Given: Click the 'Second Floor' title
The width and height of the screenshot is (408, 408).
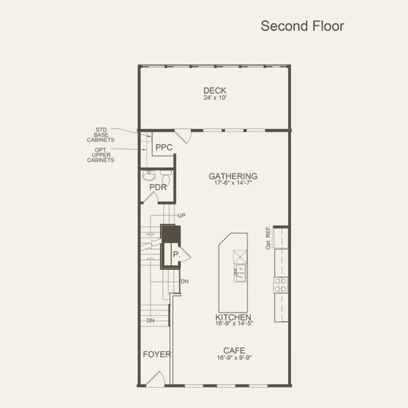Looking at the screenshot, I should [x=303, y=27].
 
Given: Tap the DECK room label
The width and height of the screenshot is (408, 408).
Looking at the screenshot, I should [x=214, y=90].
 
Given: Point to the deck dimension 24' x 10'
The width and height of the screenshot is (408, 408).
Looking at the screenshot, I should [x=214, y=98].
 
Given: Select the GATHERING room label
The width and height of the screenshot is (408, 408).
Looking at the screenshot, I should [x=233, y=176].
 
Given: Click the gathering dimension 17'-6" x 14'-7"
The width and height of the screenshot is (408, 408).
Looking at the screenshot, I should [x=233, y=184].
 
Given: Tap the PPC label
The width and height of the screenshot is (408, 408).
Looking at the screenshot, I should [x=164, y=147].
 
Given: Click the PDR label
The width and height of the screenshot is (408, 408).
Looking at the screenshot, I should [x=158, y=187].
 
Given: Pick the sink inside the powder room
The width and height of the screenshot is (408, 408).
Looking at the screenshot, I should [x=149, y=175].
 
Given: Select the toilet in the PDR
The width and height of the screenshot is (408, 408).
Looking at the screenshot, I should [x=165, y=175].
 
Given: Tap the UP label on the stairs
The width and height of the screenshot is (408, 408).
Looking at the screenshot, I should [x=181, y=216].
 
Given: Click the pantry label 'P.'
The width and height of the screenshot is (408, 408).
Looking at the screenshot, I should [x=175, y=254].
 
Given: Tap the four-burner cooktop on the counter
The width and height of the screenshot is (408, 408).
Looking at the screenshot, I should [x=281, y=284].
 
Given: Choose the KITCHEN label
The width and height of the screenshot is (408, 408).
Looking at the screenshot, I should [x=233, y=318].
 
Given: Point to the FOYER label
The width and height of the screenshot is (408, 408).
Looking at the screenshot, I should [x=156, y=354].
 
